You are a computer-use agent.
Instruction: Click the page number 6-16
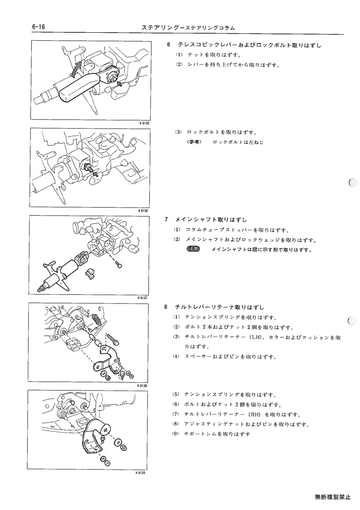(x=39, y=27)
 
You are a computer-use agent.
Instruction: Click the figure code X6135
(x=145, y=123)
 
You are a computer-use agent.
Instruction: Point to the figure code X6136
(x=143, y=210)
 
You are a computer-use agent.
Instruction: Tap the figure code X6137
(x=143, y=297)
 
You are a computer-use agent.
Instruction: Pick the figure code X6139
(x=140, y=473)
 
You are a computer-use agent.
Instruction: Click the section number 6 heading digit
(x=168, y=45)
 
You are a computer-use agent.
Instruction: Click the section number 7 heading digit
(x=167, y=219)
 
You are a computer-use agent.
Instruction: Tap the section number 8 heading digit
(x=166, y=307)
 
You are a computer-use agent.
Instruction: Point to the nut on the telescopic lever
(x=113, y=78)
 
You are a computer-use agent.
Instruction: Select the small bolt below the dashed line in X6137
(x=120, y=266)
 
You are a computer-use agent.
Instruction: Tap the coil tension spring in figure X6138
(x=96, y=320)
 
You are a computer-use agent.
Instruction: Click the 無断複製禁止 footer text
(x=333, y=497)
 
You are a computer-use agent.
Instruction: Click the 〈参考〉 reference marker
(x=195, y=142)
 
